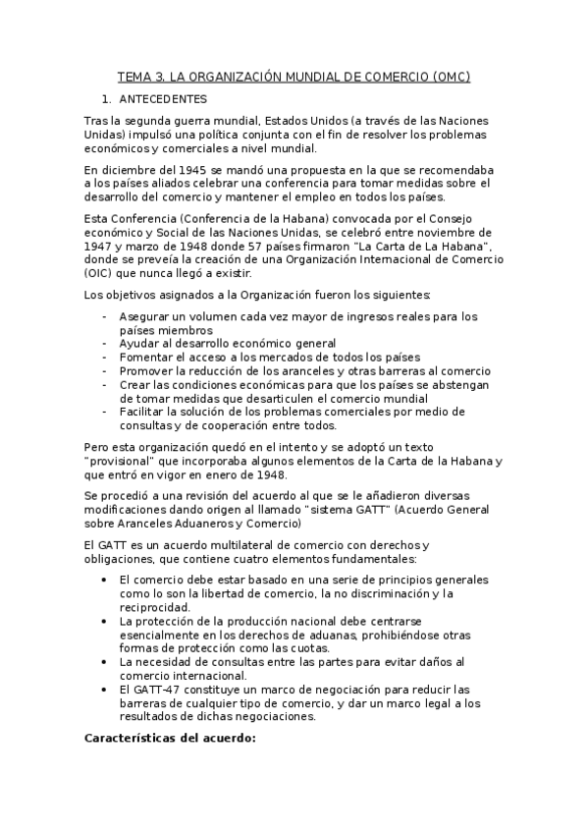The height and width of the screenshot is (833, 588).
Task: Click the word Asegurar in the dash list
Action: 143,316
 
